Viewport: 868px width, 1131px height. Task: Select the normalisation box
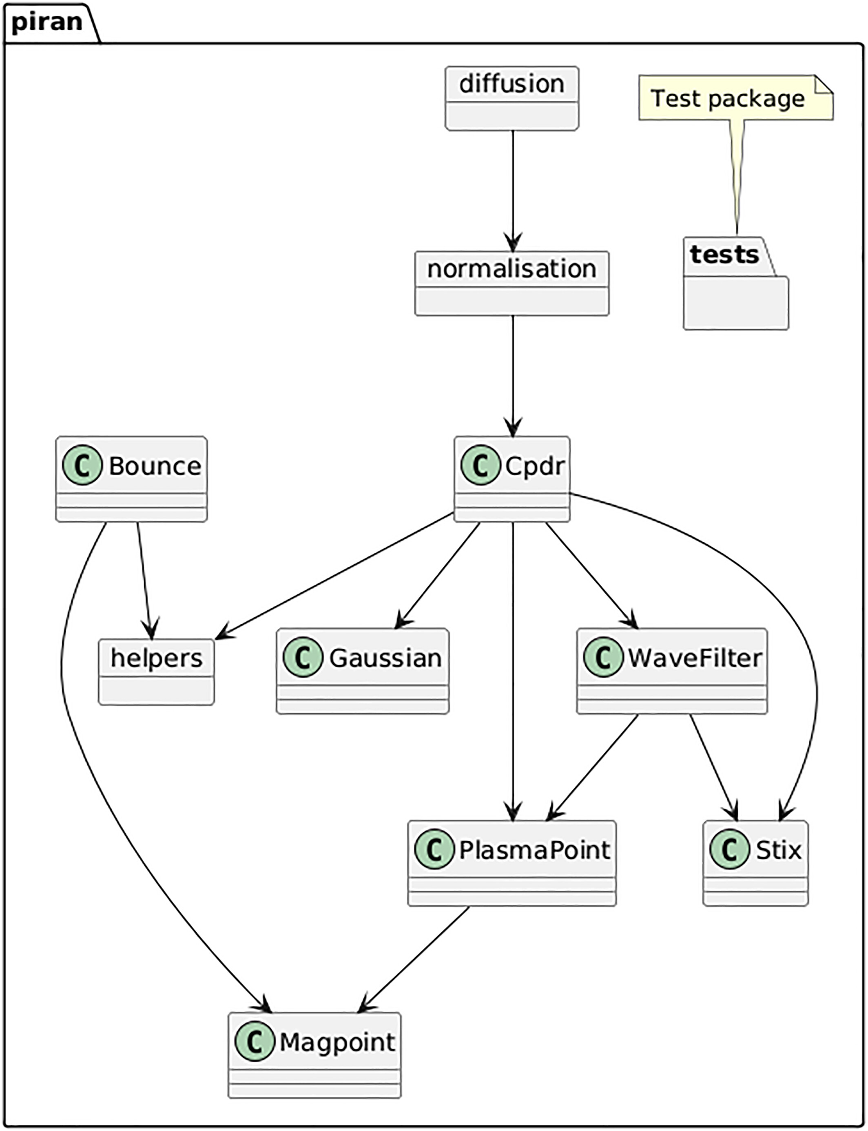511,283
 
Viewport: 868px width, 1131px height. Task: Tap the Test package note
727,98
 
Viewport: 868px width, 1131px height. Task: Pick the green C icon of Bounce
82,465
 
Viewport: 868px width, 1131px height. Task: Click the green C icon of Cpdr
480,465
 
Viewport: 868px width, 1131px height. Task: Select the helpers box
156,671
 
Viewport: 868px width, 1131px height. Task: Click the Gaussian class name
385,658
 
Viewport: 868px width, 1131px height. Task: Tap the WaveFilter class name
694,658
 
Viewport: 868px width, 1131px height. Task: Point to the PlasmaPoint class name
534,850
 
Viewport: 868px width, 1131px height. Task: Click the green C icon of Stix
729,850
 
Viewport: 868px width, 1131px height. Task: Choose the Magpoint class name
337,1042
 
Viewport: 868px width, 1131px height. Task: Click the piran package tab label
46,22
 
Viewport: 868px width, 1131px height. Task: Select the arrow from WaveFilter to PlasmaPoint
593,767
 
